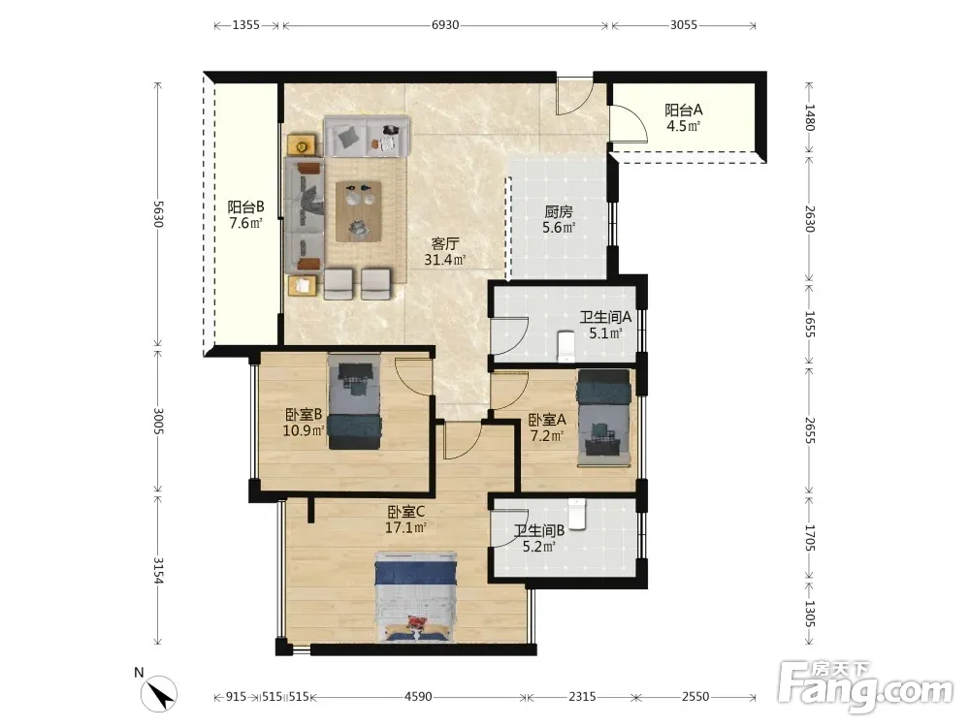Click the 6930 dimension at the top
445,25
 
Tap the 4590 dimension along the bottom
418,697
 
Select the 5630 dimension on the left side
158,213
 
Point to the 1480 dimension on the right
810,117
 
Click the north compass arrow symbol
159,694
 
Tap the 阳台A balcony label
684,111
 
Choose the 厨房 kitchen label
559,212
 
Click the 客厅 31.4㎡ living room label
445,252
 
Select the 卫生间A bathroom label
605,317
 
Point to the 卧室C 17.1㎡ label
405,520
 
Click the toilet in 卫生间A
566,346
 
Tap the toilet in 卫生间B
577,515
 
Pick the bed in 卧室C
415,596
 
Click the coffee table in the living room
358,211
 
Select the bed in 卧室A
603,418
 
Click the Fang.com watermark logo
866,686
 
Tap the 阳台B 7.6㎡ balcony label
245,214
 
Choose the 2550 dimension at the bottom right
695,697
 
